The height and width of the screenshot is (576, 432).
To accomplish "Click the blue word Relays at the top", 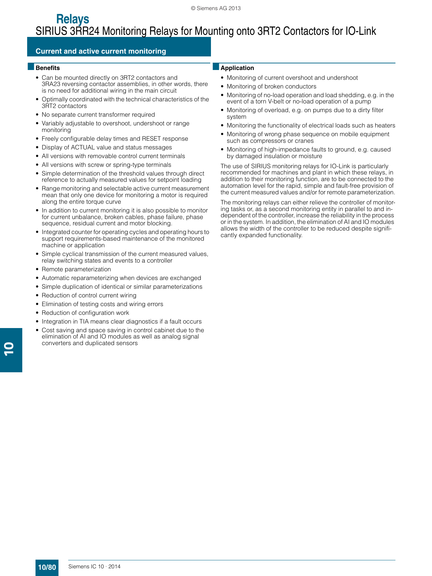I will coord(72,19).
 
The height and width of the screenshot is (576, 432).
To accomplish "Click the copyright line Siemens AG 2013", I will coord(216,8).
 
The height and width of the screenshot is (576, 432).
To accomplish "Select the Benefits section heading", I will coord(48,68).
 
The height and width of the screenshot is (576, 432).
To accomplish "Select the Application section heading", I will coord(237,68).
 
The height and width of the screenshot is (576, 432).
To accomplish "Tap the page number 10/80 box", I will coord(47,567).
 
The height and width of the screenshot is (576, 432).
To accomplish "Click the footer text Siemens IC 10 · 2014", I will coord(94,567).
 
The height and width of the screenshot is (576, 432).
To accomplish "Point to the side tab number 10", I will coord(10,349).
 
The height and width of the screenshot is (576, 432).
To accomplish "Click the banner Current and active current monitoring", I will coord(101,51).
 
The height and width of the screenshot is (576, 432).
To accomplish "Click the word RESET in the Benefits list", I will coord(151,139).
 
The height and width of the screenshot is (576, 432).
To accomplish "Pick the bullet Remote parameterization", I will coord(76,269).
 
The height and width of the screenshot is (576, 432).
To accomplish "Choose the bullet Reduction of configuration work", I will coord(85,313).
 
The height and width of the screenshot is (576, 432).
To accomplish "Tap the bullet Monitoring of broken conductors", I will coord(271,86).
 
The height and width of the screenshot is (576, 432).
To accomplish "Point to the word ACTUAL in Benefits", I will coord(83,147).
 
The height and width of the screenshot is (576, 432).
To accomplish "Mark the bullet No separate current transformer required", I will coord(98,115).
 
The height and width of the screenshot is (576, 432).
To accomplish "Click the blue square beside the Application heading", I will coord(216,67).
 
